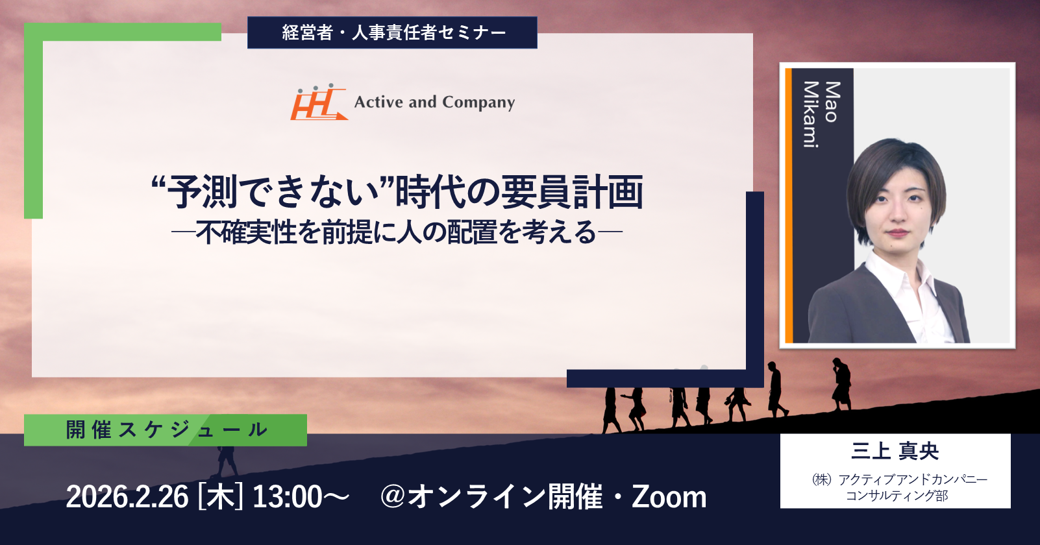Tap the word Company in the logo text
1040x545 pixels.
(x=478, y=103)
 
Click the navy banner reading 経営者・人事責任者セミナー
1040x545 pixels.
(x=392, y=32)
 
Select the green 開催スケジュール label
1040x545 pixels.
(x=166, y=430)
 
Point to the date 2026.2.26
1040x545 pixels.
(x=127, y=497)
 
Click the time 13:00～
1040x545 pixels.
(x=301, y=497)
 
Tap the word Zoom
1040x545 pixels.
(x=669, y=497)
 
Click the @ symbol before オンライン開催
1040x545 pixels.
(x=393, y=497)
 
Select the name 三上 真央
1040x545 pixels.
(x=895, y=451)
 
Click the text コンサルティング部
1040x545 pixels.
(x=897, y=496)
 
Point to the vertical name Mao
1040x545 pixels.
(x=832, y=102)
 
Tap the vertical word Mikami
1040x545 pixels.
(x=811, y=115)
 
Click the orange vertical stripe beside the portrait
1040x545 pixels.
(x=788, y=206)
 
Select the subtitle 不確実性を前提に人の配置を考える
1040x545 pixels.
(x=396, y=232)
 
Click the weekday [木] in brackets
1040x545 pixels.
(x=221, y=497)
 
